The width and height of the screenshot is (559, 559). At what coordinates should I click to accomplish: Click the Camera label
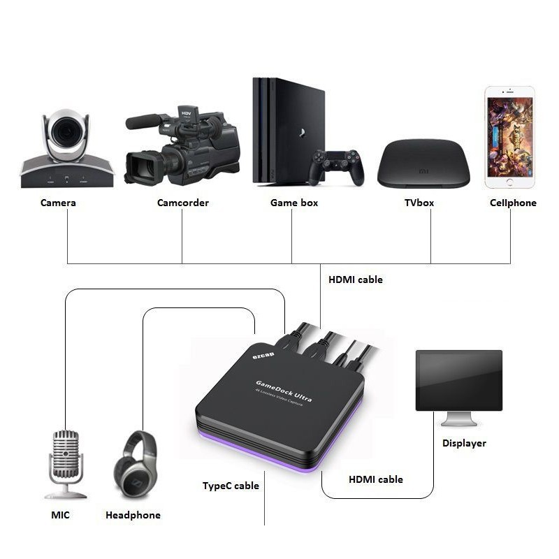tap(58, 203)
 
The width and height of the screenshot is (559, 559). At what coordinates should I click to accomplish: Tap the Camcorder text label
tap(182, 203)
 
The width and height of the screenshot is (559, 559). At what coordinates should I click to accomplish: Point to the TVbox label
tap(419, 203)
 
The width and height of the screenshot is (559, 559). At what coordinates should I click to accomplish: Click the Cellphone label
tap(513, 203)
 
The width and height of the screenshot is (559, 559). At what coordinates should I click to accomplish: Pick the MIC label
tap(60, 515)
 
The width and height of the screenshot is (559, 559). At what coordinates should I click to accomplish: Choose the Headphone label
tap(133, 515)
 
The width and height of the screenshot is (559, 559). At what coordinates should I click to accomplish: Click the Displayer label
tap(464, 443)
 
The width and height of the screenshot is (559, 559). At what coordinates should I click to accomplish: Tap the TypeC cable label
tap(231, 486)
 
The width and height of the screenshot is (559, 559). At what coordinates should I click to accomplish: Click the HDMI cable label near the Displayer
tap(375, 479)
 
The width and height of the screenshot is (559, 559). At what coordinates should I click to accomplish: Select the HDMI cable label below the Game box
tap(355, 279)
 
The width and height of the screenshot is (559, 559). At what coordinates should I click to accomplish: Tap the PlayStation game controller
tap(337, 166)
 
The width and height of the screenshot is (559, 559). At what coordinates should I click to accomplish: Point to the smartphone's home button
tap(509, 182)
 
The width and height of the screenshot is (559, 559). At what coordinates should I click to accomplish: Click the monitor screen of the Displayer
tap(458, 380)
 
